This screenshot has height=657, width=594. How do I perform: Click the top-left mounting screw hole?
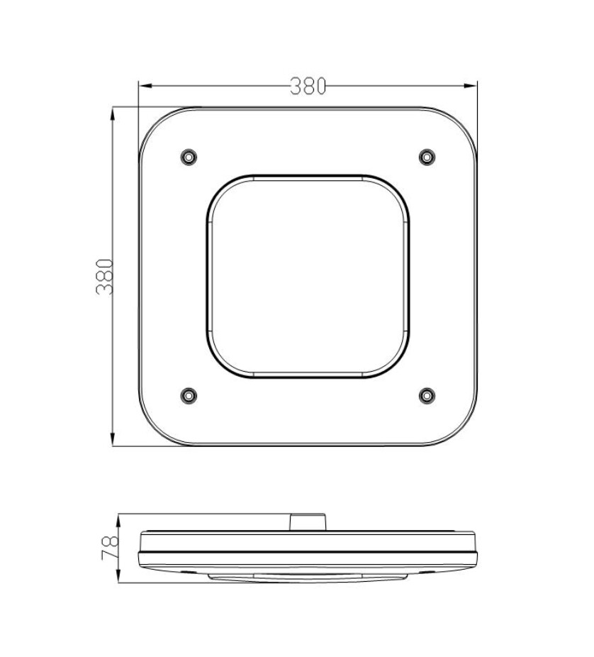click(x=189, y=157)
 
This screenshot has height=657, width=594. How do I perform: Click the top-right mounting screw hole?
click(x=427, y=157)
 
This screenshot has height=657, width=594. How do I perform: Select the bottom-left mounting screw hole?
click(x=189, y=395)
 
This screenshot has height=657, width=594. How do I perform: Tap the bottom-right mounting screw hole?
click(x=427, y=395)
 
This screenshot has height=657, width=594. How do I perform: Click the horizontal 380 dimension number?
click(x=308, y=86)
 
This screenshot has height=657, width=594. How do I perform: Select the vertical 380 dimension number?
click(x=105, y=277)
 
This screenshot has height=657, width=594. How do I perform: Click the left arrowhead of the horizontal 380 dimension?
click(x=145, y=86)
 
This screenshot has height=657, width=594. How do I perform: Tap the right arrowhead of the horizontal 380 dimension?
click(x=471, y=86)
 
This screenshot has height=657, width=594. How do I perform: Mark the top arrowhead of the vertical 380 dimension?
click(x=113, y=114)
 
